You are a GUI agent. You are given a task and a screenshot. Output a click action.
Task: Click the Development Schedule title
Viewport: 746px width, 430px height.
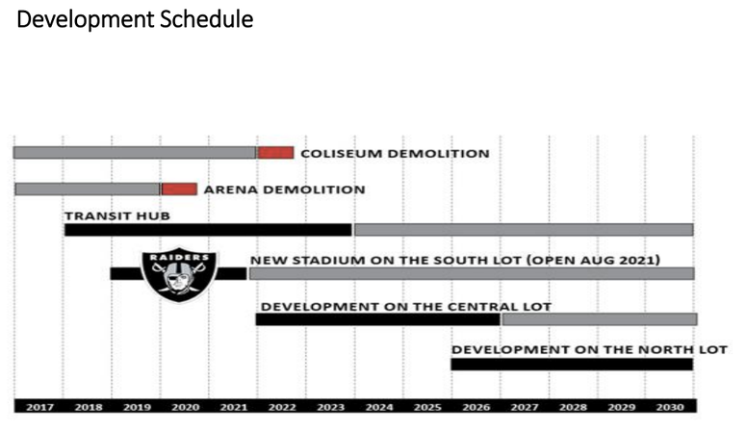[135, 20]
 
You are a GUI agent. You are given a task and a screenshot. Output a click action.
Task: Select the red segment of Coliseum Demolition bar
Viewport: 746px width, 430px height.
[275, 153]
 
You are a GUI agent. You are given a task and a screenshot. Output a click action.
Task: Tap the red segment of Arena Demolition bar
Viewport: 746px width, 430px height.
[179, 189]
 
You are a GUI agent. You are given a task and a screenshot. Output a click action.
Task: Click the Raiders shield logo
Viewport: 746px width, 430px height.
[179, 274]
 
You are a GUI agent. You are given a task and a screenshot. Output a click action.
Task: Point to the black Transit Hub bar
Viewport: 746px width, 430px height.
[208, 230]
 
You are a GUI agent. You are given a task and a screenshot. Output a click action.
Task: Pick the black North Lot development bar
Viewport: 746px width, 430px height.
[572, 365]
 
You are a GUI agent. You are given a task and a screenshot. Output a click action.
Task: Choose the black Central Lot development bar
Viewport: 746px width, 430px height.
[377, 319]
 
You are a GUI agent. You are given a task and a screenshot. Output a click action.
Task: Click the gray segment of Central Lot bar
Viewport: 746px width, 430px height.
[600, 319]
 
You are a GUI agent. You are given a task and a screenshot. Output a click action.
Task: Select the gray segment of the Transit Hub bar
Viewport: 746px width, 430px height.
[524, 230]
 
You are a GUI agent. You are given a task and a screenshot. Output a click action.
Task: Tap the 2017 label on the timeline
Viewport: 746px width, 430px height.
[40, 407]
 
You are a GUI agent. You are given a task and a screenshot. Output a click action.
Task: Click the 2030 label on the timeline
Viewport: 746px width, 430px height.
[670, 407]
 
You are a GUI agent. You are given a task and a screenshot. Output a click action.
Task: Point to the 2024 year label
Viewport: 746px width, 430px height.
[379, 407]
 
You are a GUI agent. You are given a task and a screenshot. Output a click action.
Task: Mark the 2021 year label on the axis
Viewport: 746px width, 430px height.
[234, 407]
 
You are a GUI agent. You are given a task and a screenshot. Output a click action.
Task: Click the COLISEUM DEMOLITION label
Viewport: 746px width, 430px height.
[395, 154]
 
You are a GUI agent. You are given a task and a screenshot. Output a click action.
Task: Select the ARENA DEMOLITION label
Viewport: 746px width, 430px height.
[285, 190]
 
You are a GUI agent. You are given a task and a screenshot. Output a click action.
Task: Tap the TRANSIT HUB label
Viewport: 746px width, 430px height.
[117, 215]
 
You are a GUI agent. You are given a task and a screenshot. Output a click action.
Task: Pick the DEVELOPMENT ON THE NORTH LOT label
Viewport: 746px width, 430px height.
[589, 349]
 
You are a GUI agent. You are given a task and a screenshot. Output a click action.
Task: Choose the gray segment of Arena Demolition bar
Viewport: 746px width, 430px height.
[88, 189]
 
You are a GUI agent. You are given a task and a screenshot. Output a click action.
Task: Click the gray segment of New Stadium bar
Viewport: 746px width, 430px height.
[472, 273]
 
